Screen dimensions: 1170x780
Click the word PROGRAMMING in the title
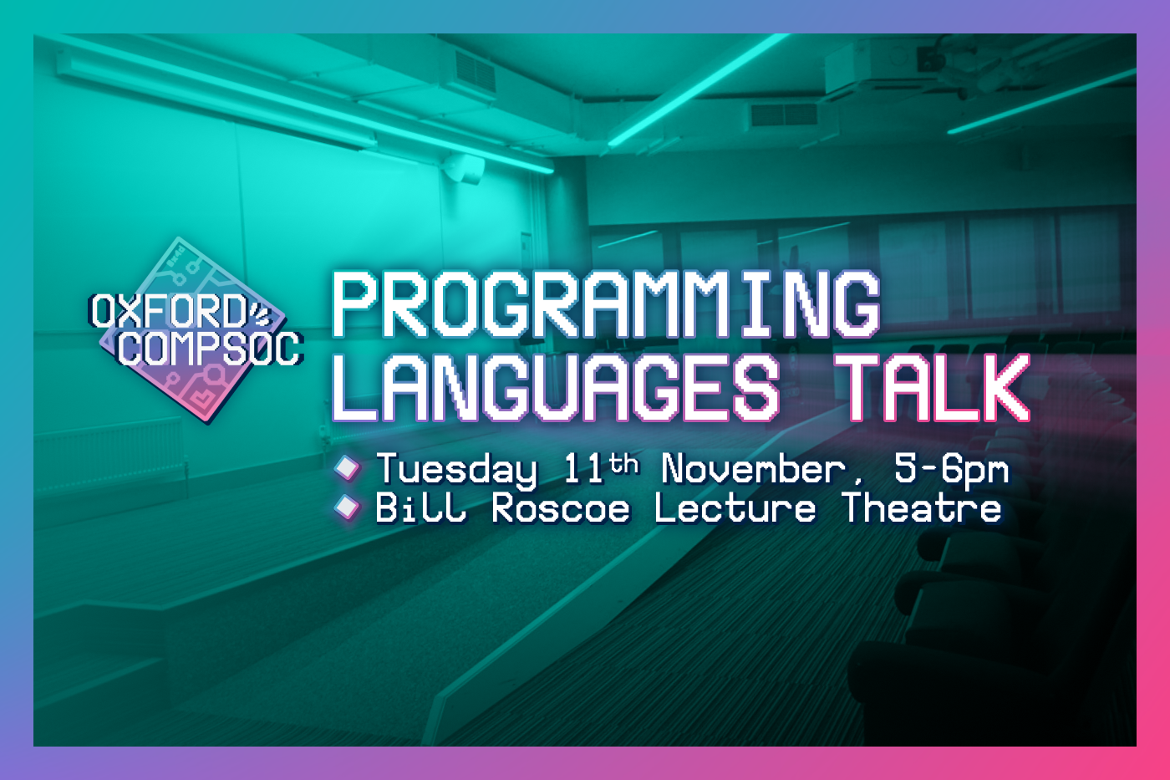(x=606, y=304)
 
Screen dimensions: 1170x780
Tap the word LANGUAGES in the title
(x=556, y=387)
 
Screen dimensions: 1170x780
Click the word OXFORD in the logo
(x=168, y=311)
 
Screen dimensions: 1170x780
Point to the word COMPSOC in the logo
(x=210, y=348)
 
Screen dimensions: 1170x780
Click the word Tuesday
(x=456, y=470)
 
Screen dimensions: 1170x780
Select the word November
(x=753, y=469)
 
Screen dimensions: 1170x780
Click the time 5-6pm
(x=951, y=470)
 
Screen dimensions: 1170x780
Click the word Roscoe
(x=561, y=508)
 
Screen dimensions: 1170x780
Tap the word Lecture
(x=735, y=507)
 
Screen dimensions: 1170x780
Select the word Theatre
(x=922, y=507)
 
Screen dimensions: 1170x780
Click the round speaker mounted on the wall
(x=464, y=168)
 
